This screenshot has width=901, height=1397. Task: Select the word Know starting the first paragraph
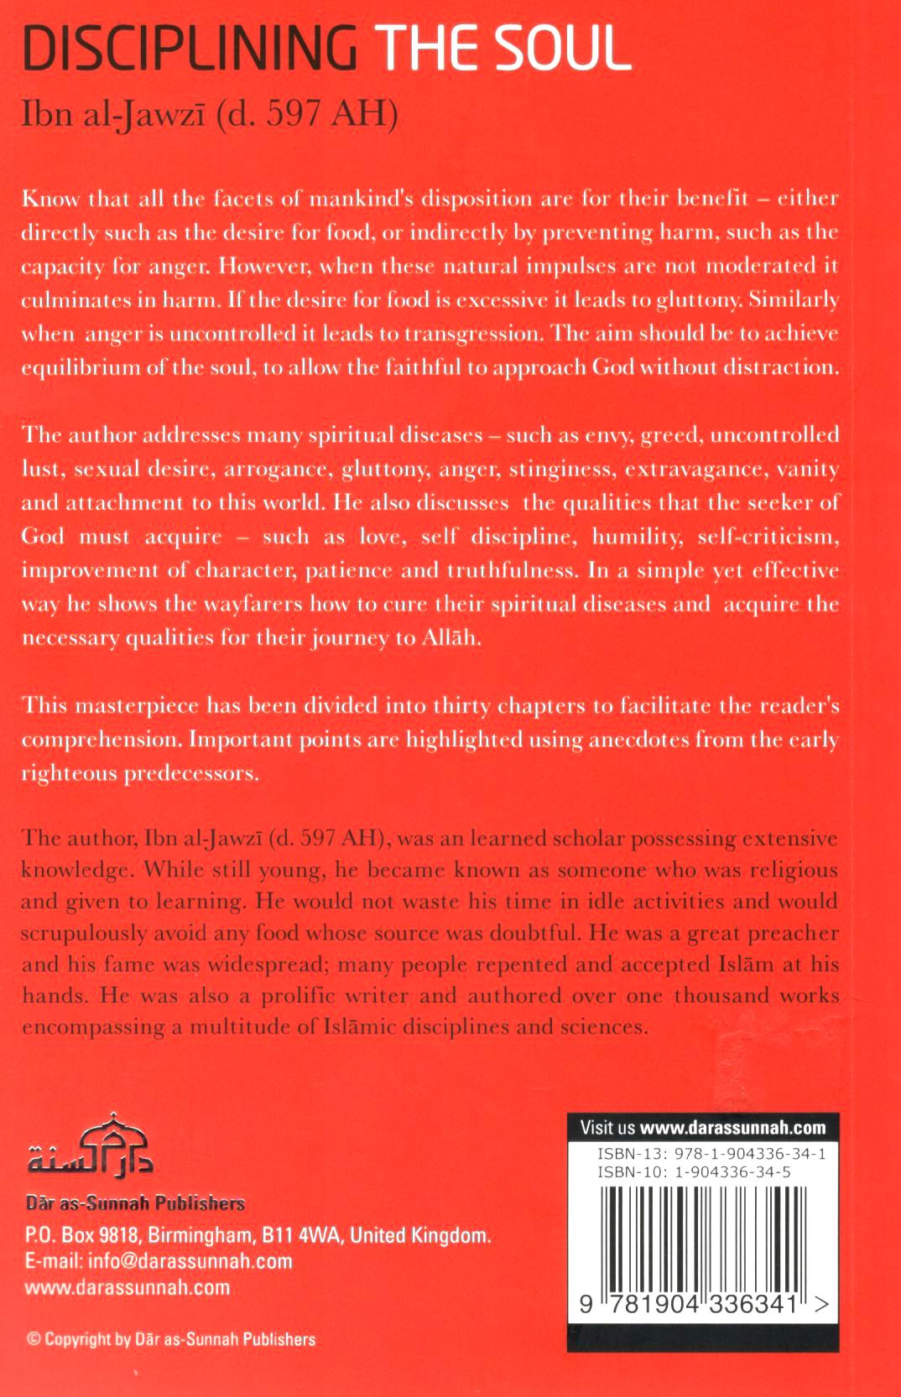(49, 199)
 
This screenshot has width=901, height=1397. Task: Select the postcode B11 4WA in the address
(300, 1235)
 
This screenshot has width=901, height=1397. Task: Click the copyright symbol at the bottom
(33, 1339)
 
